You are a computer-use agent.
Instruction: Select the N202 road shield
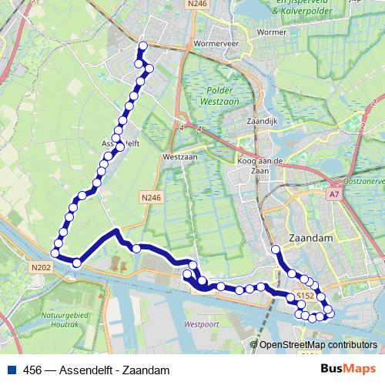41,267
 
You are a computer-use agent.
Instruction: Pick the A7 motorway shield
334,196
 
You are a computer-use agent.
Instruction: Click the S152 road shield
306,296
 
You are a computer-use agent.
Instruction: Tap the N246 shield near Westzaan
151,198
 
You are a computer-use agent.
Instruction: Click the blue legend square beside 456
10,370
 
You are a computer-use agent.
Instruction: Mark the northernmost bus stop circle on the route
141,45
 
